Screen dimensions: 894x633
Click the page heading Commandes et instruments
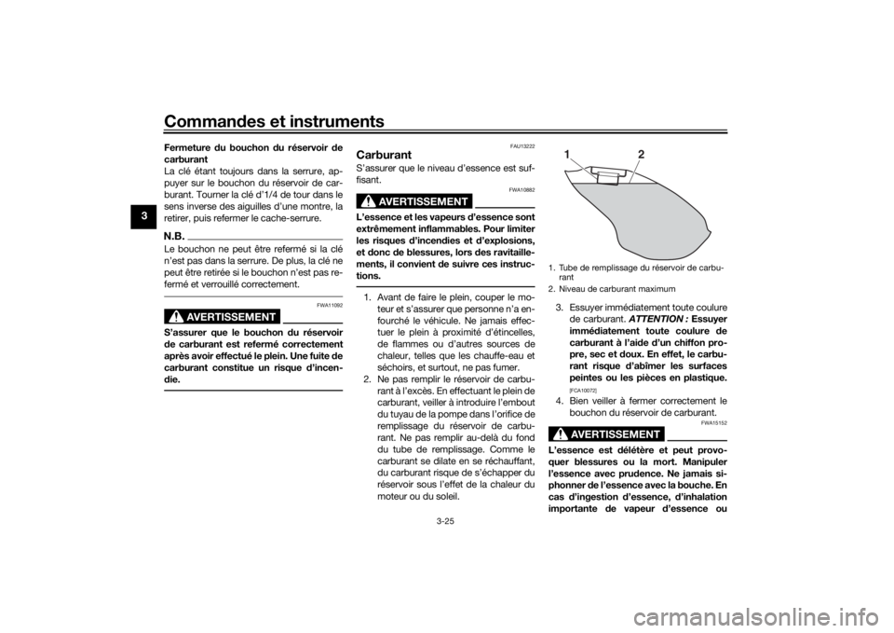(274, 122)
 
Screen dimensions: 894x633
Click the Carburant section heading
(384, 155)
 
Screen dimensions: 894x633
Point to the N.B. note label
(173, 234)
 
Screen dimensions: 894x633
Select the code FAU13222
(522, 145)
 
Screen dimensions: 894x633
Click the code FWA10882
(522, 189)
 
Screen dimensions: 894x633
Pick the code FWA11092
(330, 305)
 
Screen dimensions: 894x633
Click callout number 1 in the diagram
(568, 154)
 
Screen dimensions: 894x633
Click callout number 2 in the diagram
(641, 154)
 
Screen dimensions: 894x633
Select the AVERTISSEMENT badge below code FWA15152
(606, 434)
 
